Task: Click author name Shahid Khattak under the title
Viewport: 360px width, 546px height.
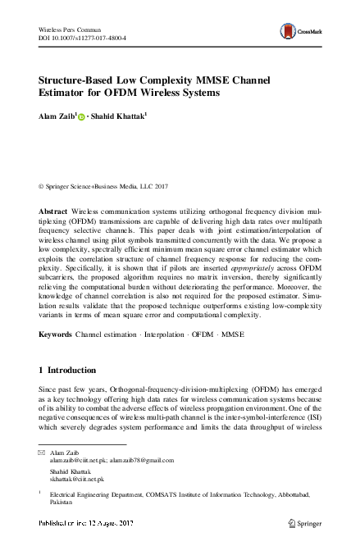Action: coord(118,117)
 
